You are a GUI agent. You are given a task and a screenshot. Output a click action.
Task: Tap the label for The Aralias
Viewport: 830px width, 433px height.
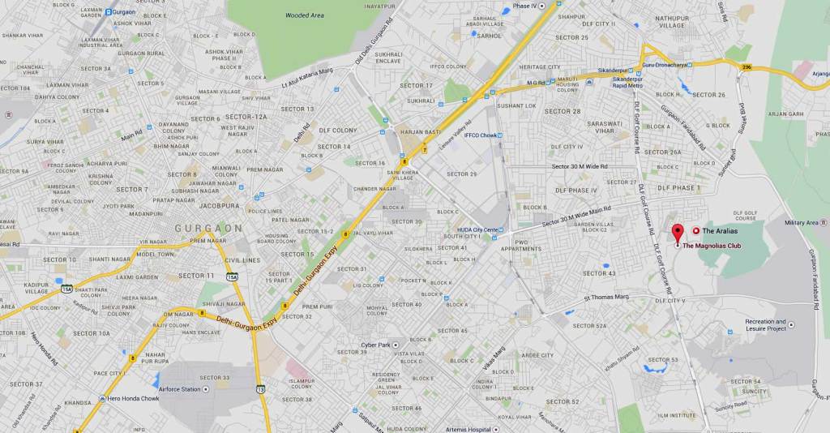(x=720, y=231)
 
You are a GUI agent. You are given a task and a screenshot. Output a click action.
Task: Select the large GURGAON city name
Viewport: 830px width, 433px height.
(x=208, y=229)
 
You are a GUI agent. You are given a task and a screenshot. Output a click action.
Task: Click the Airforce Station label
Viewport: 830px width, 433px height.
(x=181, y=389)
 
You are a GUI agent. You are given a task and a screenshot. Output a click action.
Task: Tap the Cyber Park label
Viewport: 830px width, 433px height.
(x=375, y=345)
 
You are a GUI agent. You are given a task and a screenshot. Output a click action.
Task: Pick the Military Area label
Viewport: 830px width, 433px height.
(x=802, y=222)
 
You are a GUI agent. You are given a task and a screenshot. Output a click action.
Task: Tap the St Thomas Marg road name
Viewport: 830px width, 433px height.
(x=606, y=297)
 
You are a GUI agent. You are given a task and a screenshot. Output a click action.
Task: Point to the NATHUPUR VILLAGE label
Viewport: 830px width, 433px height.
(x=672, y=21)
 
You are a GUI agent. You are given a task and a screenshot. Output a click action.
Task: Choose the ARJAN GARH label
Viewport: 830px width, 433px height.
(x=785, y=114)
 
